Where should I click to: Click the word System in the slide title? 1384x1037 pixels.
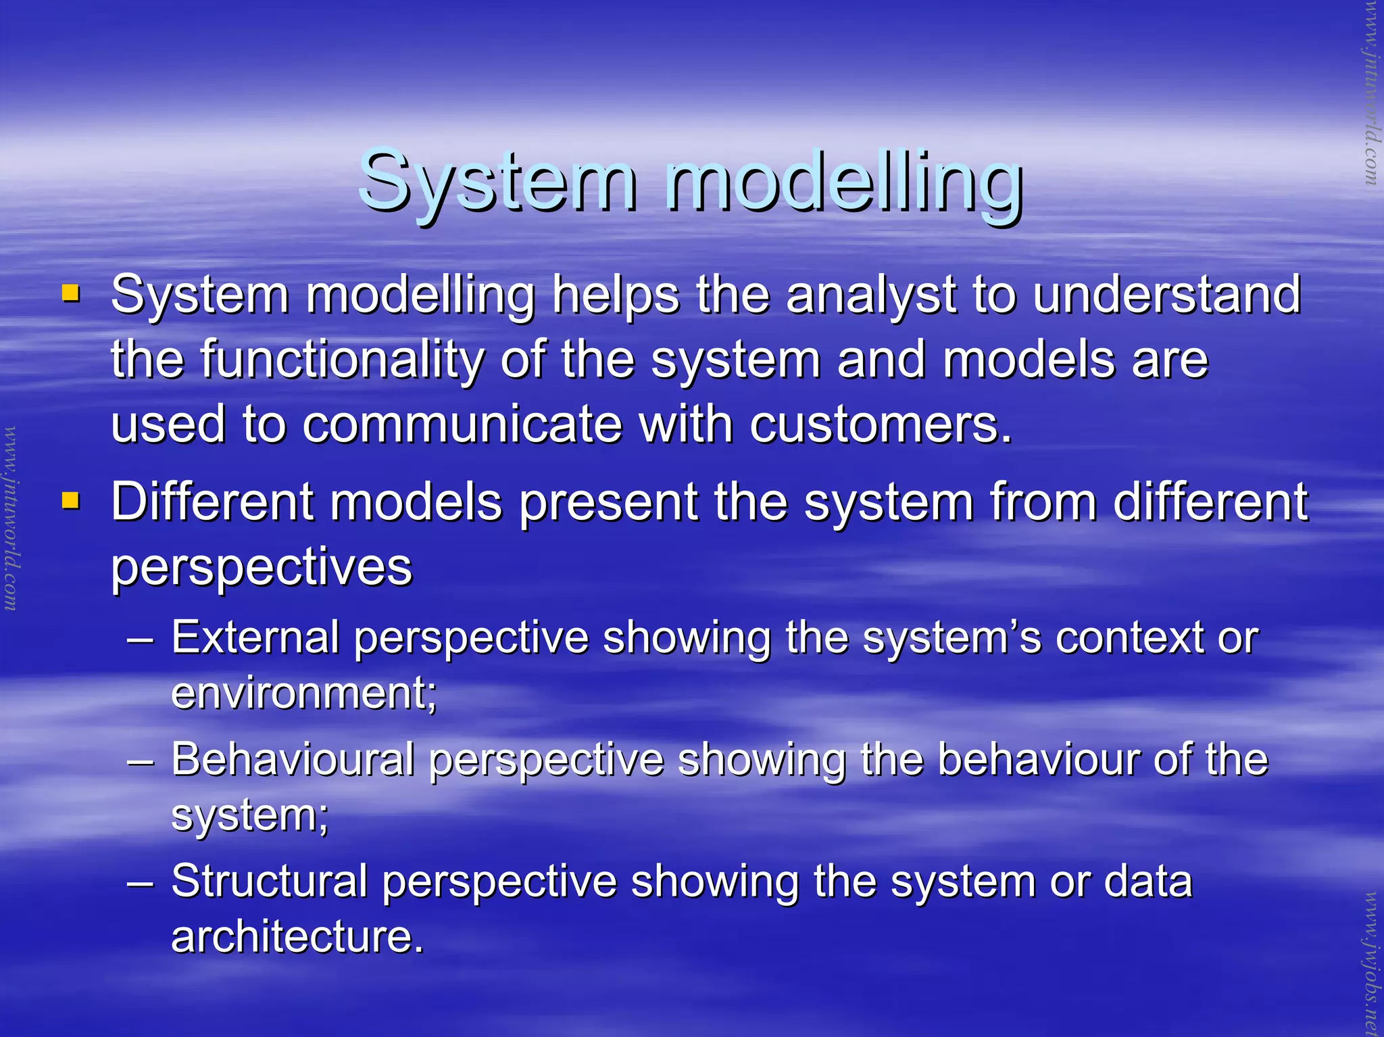click(x=497, y=181)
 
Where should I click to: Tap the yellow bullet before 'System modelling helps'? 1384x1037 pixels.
click(x=70, y=293)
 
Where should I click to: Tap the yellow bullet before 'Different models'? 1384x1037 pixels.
click(x=70, y=500)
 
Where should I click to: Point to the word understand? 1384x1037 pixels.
click(x=1166, y=295)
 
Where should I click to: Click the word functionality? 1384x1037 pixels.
click(x=341, y=360)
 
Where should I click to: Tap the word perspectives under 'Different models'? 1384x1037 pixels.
click(x=261, y=568)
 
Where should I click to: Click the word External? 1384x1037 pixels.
click(x=255, y=637)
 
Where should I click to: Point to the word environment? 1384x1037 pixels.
click(x=303, y=693)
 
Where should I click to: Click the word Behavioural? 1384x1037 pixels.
click(x=292, y=759)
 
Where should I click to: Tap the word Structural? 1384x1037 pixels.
click(x=268, y=881)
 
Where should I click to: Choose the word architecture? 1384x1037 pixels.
click(x=297, y=936)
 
